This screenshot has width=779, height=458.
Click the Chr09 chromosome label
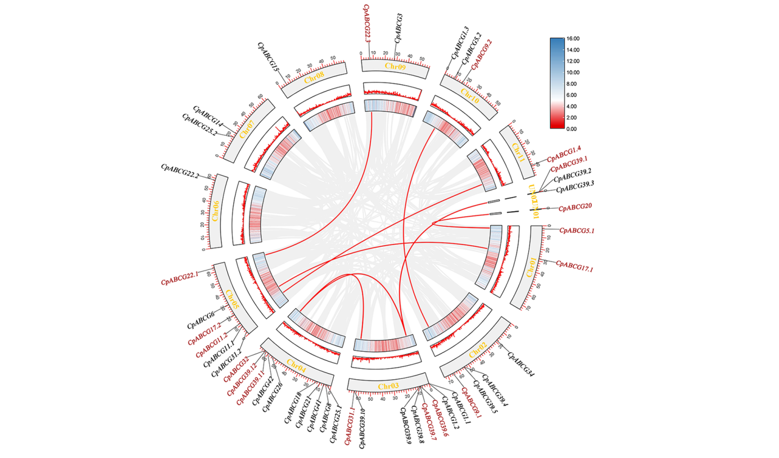coord(395,66)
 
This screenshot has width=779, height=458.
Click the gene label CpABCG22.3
coord(367,23)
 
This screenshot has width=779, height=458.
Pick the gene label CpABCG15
coord(268,56)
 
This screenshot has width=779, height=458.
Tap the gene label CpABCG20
coord(575,207)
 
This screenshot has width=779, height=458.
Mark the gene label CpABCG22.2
coord(180,171)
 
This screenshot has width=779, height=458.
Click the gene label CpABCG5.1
coord(577,230)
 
